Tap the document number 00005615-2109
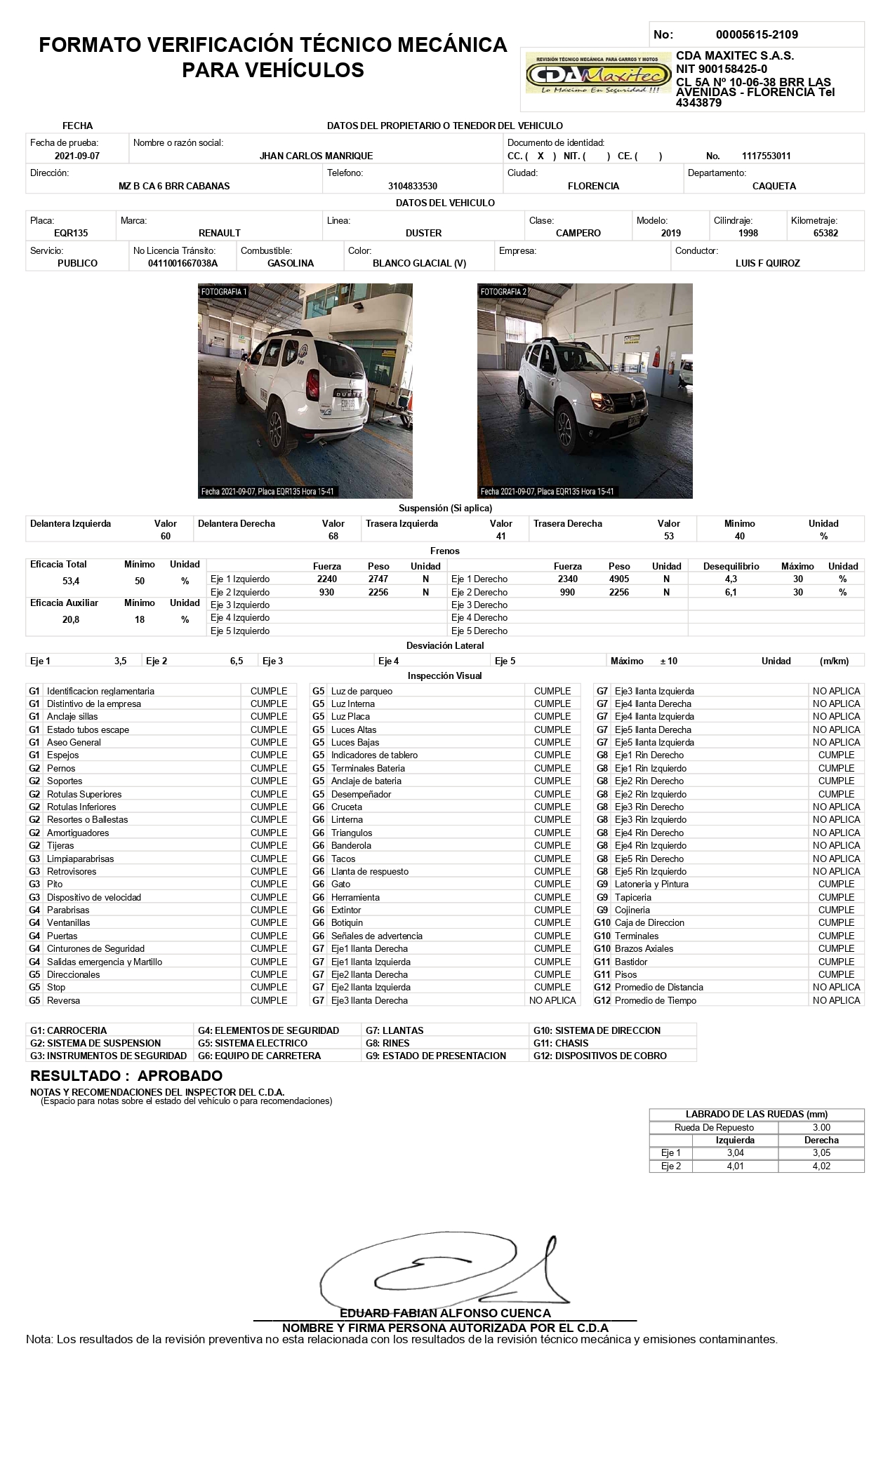(756, 34)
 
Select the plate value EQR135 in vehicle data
(71, 233)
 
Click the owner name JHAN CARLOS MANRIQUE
(316, 156)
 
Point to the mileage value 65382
(826, 233)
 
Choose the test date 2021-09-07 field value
(77, 156)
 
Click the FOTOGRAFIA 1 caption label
(223, 292)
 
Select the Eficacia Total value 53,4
(71, 581)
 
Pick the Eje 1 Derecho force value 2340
(567, 579)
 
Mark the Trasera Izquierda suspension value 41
(500, 536)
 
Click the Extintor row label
(346, 910)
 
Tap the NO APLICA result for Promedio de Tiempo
(836, 1000)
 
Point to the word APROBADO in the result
(180, 1075)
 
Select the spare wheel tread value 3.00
(821, 1127)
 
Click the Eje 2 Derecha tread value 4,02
(821, 1166)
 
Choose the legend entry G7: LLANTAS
(394, 1030)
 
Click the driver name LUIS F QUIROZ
(767, 263)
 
